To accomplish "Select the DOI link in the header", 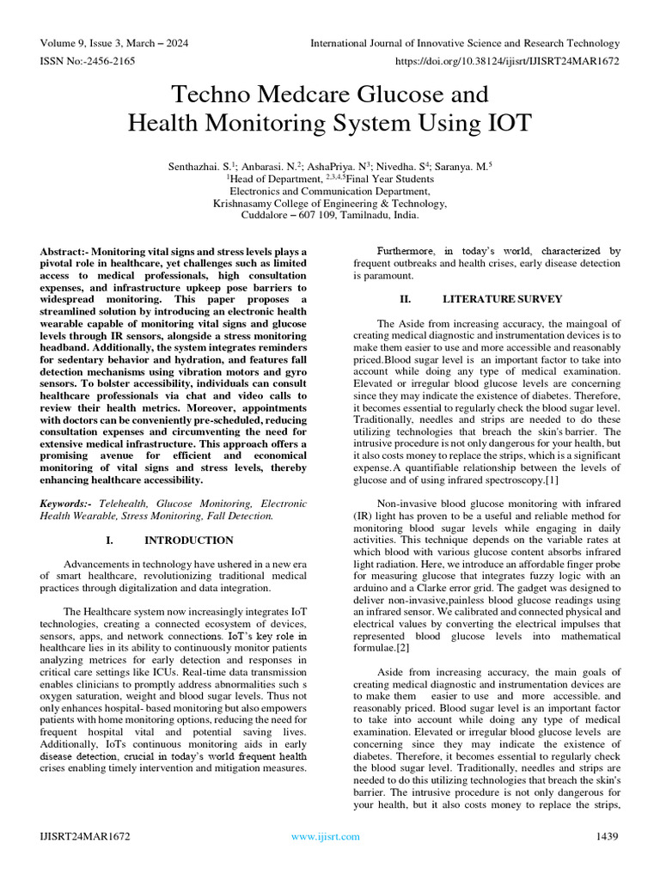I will click(x=506, y=63).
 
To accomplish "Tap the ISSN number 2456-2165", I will click(x=116, y=63).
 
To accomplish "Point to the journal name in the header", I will click(x=464, y=43).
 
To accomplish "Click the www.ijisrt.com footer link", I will click(x=326, y=836).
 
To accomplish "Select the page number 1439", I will click(x=608, y=836).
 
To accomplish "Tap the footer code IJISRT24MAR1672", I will click(x=85, y=836).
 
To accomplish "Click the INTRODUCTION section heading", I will click(x=188, y=541).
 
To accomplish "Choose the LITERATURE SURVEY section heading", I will click(x=502, y=299).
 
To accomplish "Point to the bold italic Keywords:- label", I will click(x=67, y=503).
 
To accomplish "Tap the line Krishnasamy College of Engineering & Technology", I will click(x=330, y=204).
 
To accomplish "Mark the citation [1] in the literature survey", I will click(x=550, y=480).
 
